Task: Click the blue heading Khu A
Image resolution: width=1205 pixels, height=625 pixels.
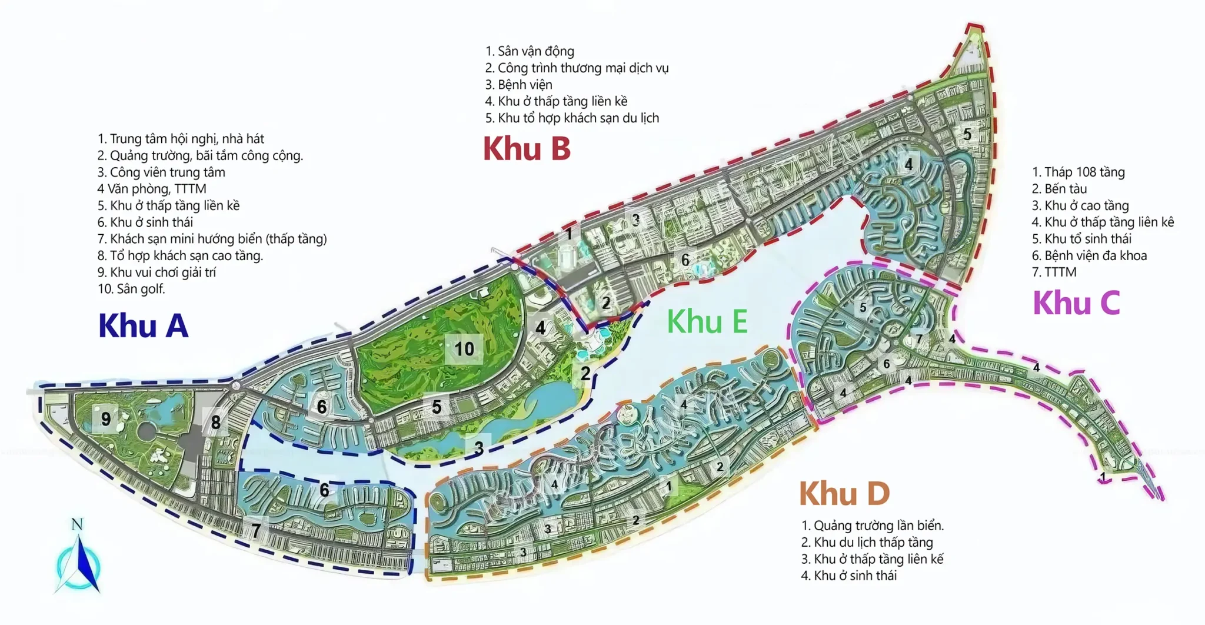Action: (143, 325)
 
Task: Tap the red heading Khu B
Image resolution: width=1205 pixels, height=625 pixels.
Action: (527, 148)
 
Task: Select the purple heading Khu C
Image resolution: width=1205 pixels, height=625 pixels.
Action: (1076, 303)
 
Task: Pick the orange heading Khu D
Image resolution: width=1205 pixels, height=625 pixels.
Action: (844, 493)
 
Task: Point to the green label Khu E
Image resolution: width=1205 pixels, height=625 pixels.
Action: (707, 321)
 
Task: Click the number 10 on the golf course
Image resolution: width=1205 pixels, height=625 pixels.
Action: (464, 349)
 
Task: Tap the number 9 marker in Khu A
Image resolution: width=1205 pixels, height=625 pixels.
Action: (106, 419)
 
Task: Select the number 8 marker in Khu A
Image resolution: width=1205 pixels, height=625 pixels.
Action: (216, 422)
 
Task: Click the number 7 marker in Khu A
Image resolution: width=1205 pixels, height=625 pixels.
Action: (257, 530)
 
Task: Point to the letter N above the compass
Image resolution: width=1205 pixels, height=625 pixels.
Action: (77, 524)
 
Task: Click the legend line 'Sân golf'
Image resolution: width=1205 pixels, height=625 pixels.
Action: (131, 289)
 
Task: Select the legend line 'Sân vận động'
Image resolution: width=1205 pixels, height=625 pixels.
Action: (530, 51)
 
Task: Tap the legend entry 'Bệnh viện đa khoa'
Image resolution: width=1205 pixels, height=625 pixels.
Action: (1089, 255)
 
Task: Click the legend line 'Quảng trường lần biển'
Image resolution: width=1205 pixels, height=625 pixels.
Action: (872, 526)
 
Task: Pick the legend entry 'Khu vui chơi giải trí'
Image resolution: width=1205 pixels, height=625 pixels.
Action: (157, 272)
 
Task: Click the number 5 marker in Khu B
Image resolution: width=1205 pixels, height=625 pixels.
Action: (967, 134)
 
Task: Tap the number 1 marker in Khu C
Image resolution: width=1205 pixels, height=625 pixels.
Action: (1103, 477)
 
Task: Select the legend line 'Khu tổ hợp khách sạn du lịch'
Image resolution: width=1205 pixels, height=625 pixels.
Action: (572, 118)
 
